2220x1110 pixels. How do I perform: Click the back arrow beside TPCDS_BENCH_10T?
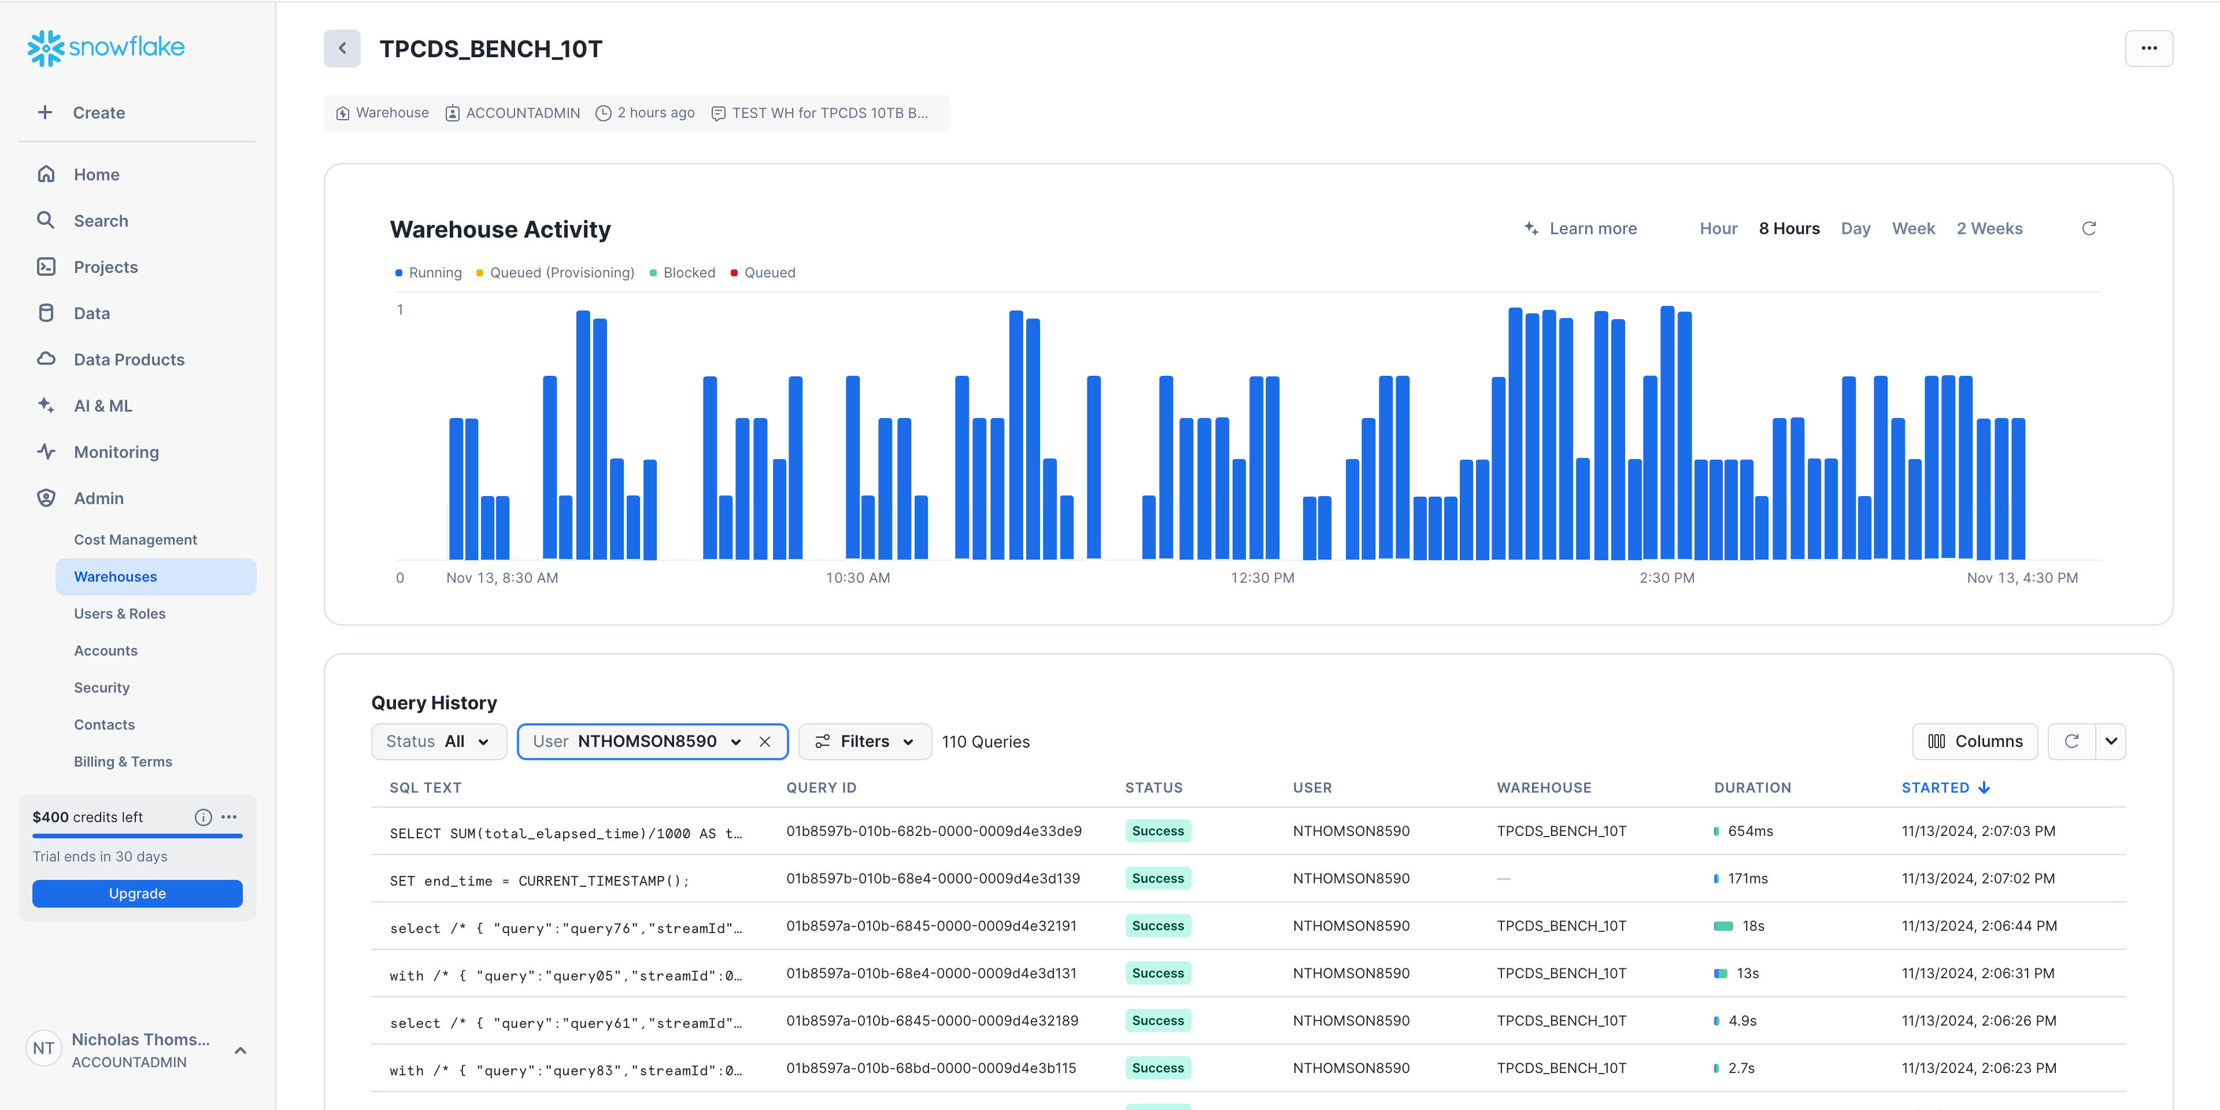click(x=342, y=48)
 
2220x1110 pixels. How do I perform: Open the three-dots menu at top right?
click(x=2148, y=48)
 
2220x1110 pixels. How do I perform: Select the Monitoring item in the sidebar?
click(x=116, y=452)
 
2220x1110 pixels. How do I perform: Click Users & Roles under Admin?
click(x=120, y=613)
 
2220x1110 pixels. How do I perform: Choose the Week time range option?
click(x=1913, y=228)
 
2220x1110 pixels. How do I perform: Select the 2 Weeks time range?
click(x=1989, y=228)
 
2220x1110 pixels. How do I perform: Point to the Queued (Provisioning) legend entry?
click(x=561, y=272)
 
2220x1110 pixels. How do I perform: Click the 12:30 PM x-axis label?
click(x=1261, y=578)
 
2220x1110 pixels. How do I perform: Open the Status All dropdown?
click(x=438, y=741)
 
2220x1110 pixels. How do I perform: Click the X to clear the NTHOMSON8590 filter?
click(x=764, y=741)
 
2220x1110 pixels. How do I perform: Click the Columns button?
click(x=1974, y=741)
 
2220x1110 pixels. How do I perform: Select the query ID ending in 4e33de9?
click(x=933, y=831)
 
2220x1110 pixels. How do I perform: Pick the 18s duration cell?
click(x=1752, y=926)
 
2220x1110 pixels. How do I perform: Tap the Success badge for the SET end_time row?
click(x=1157, y=878)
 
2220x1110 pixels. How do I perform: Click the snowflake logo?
click(x=106, y=47)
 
